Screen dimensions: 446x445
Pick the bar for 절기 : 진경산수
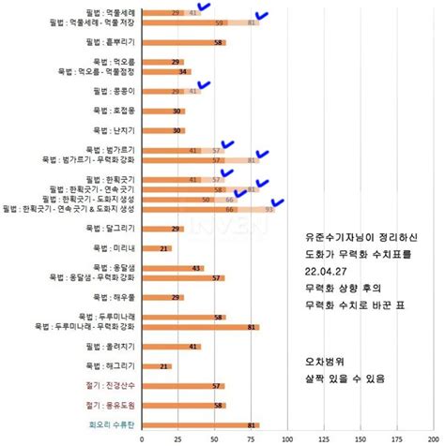[x=183, y=385]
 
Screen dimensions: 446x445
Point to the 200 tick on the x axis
[x=431, y=438]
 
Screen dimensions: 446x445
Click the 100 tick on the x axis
[x=286, y=438]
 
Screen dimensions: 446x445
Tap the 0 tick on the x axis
[x=142, y=438]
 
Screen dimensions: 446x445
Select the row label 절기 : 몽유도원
[x=112, y=405]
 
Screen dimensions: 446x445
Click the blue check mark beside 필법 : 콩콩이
[x=205, y=85]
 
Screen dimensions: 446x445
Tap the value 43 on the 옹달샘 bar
[x=196, y=268]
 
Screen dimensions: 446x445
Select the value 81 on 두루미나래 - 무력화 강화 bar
[x=252, y=327]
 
